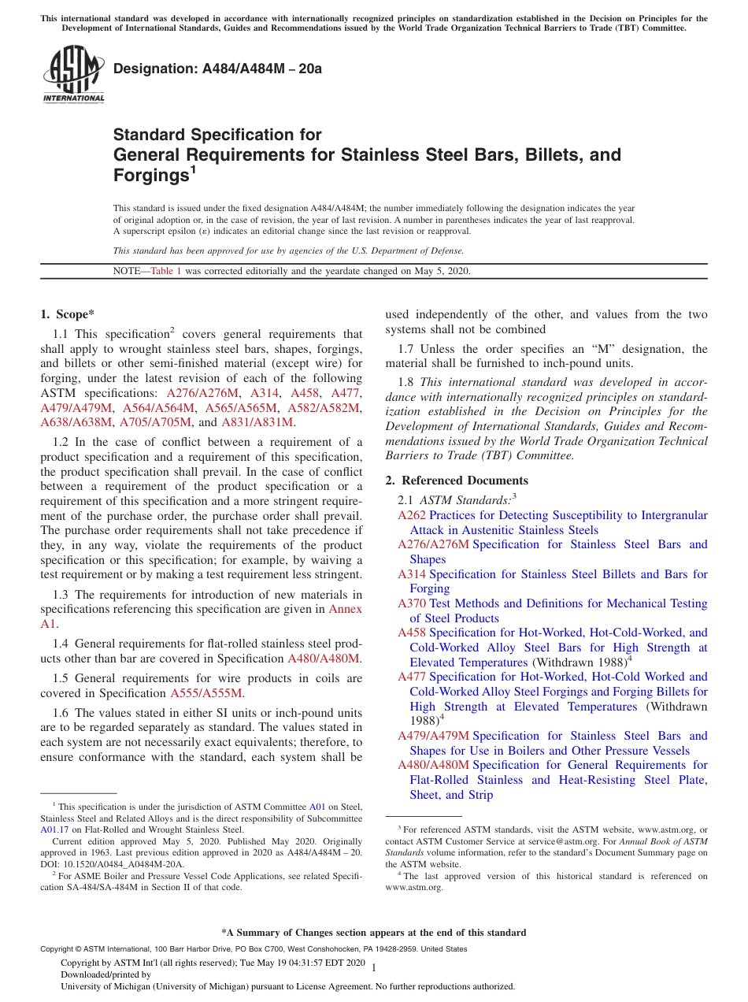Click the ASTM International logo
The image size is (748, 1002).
pyautogui.click(x=72, y=76)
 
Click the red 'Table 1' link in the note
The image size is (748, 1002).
pyautogui.click(x=166, y=271)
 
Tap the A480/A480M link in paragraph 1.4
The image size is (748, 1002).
pyautogui.click(x=324, y=659)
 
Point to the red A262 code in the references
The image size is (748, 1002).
pyautogui.click(x=412, y=515)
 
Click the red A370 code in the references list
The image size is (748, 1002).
pyautogui.click(x=412, y=603)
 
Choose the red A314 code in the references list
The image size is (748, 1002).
pyautogui.click(x=412, y=574)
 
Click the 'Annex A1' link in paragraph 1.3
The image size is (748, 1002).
pyautogui.click(x=345, y=609)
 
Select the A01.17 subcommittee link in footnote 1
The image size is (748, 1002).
pyautogui.click(x=53, y=829)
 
